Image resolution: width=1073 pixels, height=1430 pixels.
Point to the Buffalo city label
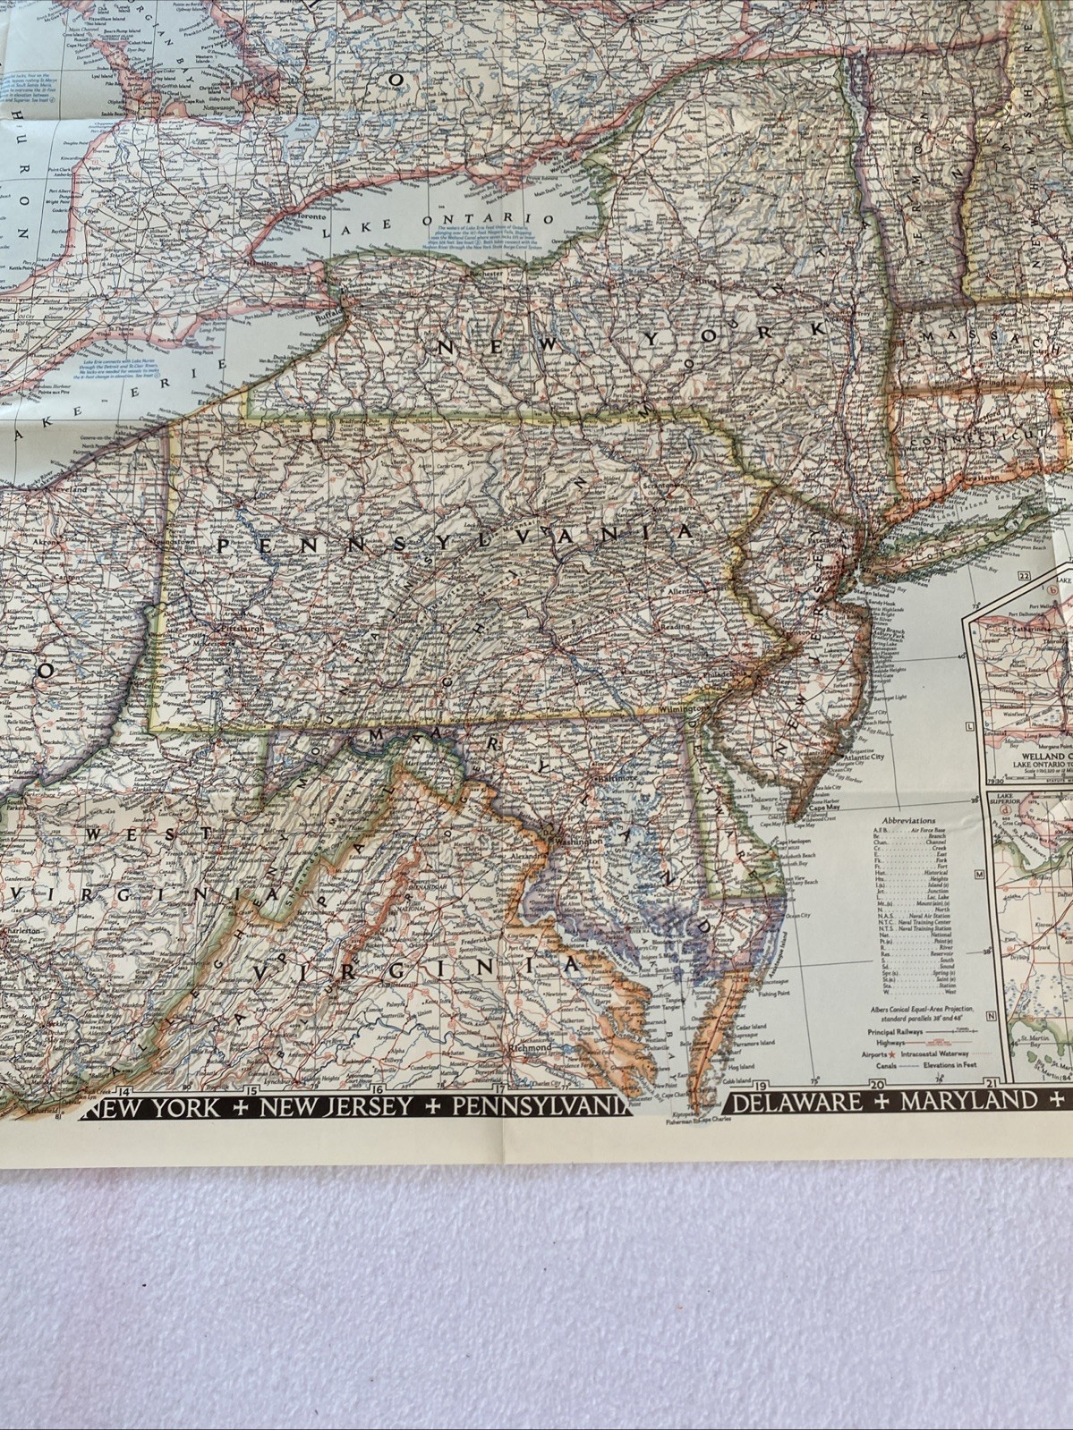click(x=327, y=314)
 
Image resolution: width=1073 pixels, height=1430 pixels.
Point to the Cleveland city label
click(x=68, y=491)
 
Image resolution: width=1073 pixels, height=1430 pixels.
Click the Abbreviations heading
click(x=908, y=819)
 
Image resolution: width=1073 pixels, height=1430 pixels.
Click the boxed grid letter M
click(x=980, y=874)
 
